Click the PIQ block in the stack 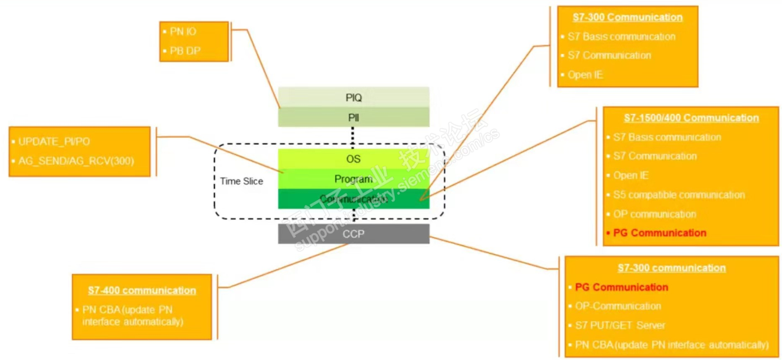(x=354, y=96)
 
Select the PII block (x=354, y=117)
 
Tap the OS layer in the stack (x=354, y=159)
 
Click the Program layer (x=354, y=179)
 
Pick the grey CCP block (x=354, y=234)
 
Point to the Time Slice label (x=241, y=181)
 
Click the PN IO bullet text (x=183, y=32)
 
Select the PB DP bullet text (x=185, y=51)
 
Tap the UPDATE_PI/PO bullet (x=55, y=141)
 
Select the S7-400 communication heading (x=141, y=291)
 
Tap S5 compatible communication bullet (x=679, y=195)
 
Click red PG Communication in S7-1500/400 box (x=660, y=233)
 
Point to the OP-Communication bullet (x=618, y=306)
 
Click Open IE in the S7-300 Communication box (x=585, y=75)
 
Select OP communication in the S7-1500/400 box (x=654, y=214)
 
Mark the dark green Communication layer (x=354, y=199)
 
